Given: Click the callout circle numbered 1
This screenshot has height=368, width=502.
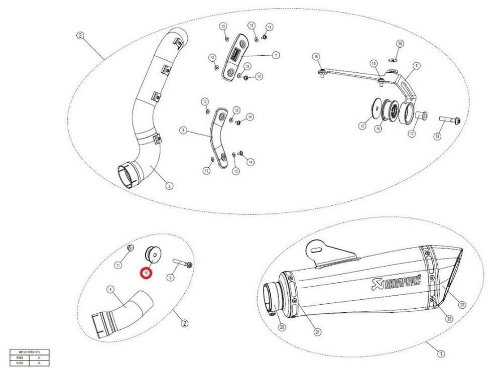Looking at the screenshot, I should coord(440,353).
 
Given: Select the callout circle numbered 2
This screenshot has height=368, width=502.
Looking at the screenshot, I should coord(185,323).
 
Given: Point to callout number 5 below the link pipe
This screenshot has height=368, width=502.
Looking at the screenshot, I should coord(169,186).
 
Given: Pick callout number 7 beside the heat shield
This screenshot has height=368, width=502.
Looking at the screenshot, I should coord(276,55).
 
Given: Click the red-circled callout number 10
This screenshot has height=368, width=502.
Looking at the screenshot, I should coord(146,273).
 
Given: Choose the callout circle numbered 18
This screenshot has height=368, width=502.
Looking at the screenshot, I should coord(436,137).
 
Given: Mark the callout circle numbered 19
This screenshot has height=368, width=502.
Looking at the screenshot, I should coord(400,44).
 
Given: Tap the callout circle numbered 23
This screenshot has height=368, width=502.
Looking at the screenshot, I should coord(462,304).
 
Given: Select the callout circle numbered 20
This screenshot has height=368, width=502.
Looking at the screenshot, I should coord(282,327).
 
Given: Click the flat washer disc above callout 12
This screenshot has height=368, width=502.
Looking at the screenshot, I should coord(376,108).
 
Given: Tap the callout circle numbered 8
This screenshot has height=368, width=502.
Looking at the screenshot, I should coord(184,131).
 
